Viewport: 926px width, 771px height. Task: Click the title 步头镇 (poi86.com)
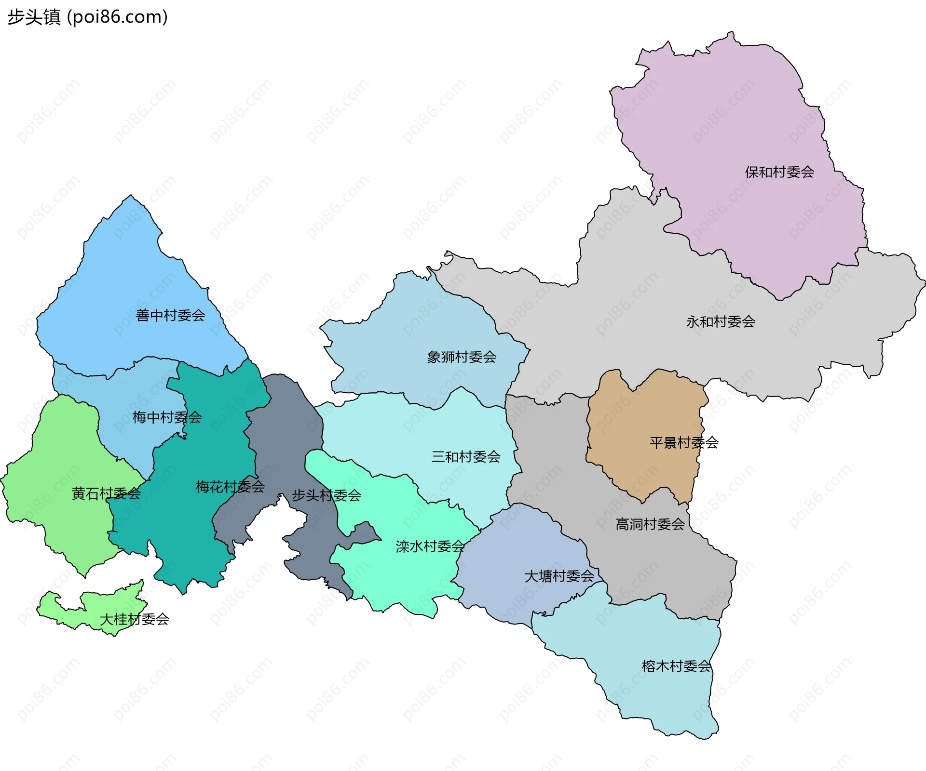87,17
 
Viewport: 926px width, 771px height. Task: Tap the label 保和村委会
779,172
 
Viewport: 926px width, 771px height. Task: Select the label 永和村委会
721,321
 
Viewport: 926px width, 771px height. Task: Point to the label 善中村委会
171,315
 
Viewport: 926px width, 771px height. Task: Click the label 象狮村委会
462,357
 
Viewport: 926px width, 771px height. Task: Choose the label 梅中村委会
167,417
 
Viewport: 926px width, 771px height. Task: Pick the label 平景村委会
684,442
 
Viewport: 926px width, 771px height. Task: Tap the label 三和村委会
466,456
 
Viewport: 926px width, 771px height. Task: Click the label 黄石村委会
106,493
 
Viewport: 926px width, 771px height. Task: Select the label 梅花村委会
230,487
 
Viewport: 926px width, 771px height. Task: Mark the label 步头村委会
327,495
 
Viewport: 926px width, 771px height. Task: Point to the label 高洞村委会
650,524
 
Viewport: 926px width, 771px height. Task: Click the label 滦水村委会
430,546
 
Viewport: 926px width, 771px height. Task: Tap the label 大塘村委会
559,576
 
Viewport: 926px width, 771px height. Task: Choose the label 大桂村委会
134,619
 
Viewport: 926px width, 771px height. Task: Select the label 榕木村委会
676,666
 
